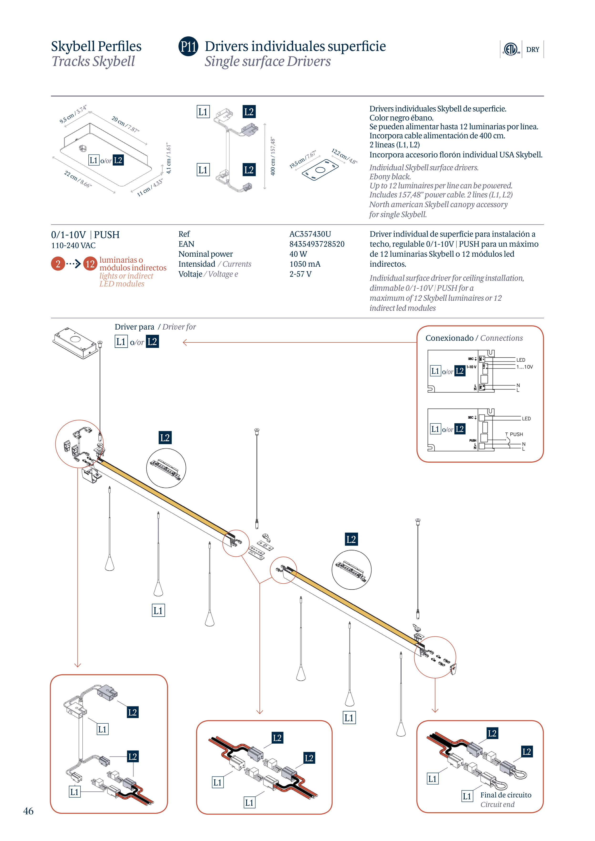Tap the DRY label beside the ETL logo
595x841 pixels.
tap(532, 50)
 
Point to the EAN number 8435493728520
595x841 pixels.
tap(317, 244)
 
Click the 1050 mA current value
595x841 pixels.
tap(305, 264)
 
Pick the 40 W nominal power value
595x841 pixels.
tap(298, 254)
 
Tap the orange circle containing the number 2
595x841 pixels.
tap(58, 264)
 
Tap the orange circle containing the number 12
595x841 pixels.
tap(90, 264)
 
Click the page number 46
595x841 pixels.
tap(28, 811)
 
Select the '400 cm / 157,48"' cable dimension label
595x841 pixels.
tap(273, 156)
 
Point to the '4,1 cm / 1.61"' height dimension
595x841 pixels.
tap(168, 158)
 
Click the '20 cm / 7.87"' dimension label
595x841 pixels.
tap(125, 124)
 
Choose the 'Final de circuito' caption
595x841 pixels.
tap(506, 795)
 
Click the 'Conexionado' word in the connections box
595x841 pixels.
tap(449, 338)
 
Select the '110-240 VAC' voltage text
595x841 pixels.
tap(73, 246)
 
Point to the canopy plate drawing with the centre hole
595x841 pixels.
tap(320, 170)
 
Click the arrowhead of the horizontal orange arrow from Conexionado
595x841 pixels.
tap(185, 342)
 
